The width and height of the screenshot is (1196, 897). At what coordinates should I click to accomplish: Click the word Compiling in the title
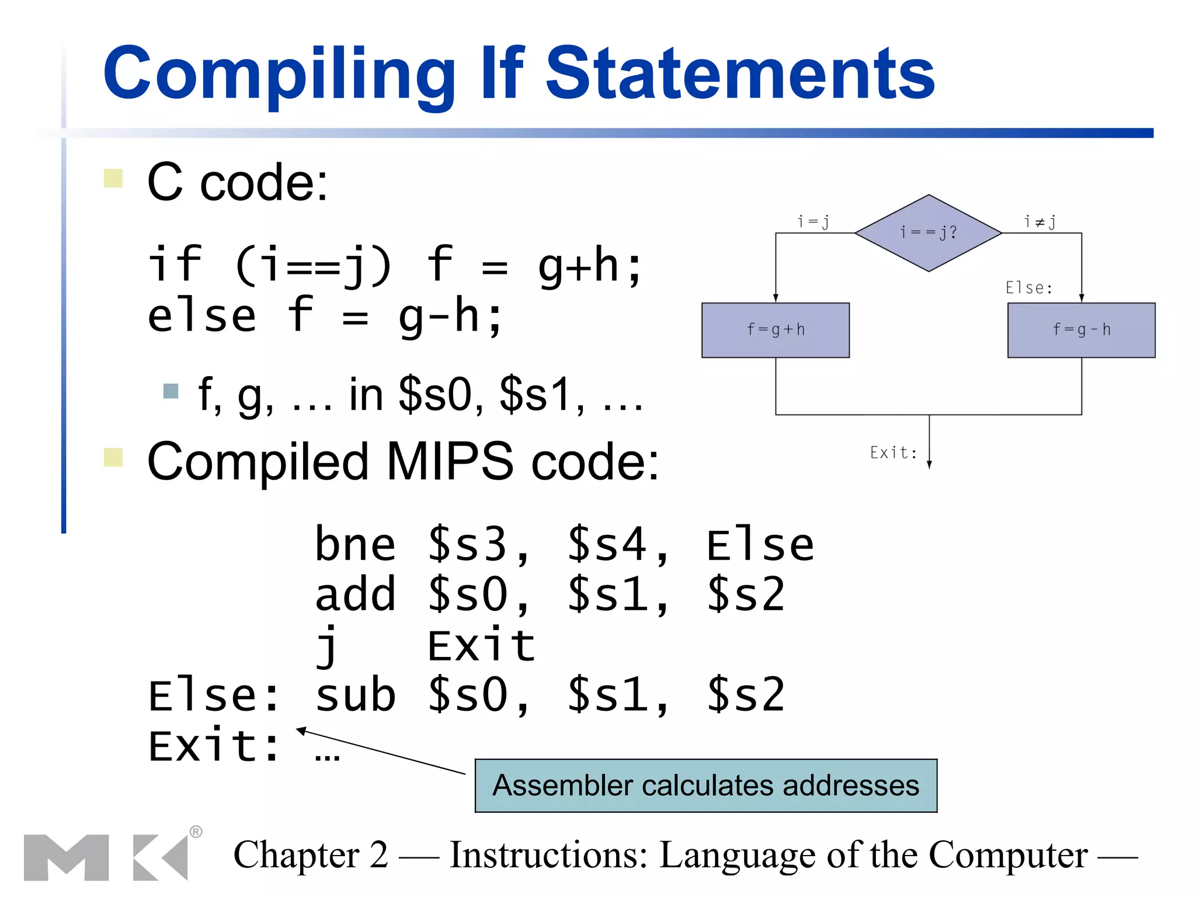tap(278, 75)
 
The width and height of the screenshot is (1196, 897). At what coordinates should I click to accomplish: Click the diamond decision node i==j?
tap(929, 233)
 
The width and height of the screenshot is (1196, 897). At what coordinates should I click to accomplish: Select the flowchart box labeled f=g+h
tap(776, 330)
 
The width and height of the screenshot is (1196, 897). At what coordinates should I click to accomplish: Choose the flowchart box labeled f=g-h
tap(1081, 330)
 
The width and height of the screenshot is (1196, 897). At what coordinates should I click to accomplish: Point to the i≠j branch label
tap(1039, 222)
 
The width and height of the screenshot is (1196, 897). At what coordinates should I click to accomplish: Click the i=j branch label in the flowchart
tap(813, 222)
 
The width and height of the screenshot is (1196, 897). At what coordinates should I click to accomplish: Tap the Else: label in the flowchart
tap(1028, 288)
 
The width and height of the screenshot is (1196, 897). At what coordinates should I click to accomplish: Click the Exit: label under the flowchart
tap(893, 453)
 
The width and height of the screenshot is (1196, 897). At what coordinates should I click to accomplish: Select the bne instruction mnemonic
tap(355, 545)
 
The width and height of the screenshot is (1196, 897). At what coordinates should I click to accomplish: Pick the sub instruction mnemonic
tap(355, 696)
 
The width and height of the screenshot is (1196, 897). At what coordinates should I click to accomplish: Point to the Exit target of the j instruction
tap(482, 646)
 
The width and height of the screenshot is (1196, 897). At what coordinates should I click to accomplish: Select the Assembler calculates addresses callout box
tap(705, 785)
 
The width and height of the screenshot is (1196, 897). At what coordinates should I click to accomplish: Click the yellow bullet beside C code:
tap(113, 178)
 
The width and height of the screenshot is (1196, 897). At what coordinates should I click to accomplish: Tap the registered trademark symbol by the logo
tap(196, 832)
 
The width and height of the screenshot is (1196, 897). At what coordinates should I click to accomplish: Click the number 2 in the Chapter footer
tap(378, 856)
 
